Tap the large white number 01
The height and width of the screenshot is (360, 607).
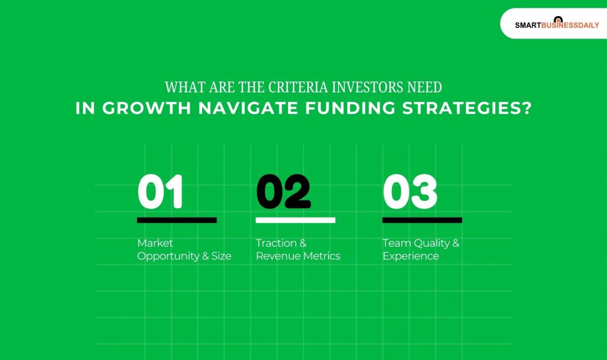[160, 192]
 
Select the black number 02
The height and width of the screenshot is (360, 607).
[283, 192]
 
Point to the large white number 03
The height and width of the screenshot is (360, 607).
[410, 192]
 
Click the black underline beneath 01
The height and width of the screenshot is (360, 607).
[177, 220]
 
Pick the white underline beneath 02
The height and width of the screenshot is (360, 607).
[295, 220]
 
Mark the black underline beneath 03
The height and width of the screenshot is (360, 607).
[422, 220]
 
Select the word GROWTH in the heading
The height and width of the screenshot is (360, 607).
[135, 109]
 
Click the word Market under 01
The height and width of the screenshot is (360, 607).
[155, 243]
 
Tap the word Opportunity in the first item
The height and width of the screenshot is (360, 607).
[167, 257]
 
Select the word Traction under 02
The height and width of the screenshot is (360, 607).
[276, 243]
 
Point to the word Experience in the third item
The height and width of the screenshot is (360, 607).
[411, 257]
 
